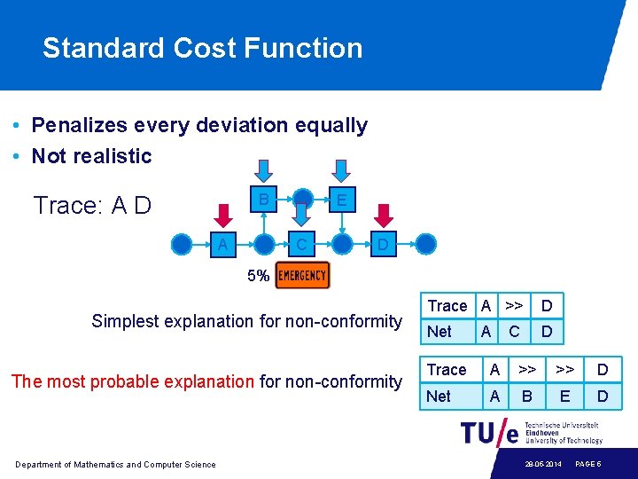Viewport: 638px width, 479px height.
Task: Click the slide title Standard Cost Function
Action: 202,48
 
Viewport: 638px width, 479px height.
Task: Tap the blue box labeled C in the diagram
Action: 301,244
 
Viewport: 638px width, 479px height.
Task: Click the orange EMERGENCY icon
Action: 302,276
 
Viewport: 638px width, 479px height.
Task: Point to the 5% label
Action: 258,276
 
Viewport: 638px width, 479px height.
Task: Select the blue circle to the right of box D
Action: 426,244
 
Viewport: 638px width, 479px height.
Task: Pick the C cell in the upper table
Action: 514,332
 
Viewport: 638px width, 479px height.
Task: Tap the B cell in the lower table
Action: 526,397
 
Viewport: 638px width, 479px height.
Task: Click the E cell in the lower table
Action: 564,397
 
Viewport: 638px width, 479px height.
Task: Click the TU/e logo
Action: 489,432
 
